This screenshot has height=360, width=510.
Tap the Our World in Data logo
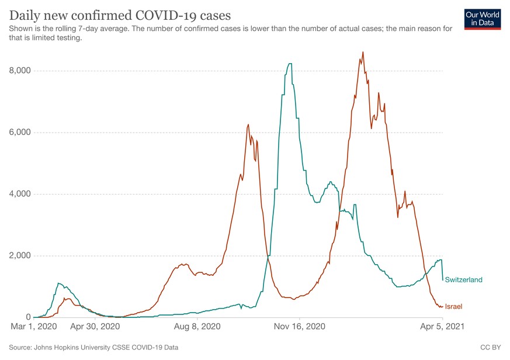482,19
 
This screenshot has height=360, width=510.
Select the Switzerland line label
463,280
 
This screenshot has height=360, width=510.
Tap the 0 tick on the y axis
27,317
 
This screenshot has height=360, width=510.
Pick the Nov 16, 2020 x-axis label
299,327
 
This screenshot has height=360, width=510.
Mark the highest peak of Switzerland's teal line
289,63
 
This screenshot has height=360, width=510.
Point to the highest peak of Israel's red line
363,52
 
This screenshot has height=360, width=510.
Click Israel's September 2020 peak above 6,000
248,124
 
